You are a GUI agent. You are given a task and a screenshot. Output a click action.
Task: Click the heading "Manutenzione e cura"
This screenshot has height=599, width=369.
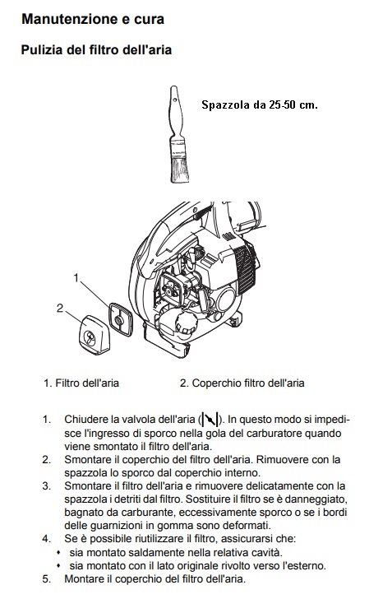click(93, 19)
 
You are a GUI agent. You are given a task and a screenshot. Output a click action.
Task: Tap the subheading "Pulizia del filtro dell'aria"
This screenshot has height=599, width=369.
click(96, 49)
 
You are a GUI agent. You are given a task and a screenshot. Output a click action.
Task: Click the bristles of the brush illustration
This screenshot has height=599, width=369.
click(179, 170)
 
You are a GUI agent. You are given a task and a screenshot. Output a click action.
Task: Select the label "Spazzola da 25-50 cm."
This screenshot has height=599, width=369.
click(260, 104)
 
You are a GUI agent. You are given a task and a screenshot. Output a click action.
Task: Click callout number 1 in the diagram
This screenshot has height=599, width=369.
click(76, 278)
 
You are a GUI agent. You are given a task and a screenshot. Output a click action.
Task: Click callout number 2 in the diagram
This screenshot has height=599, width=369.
click(60, 308)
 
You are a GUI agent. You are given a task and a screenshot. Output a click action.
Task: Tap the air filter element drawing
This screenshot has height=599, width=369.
click(121, 319)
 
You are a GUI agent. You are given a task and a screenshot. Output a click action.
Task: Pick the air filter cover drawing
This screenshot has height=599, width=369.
click(95, 335)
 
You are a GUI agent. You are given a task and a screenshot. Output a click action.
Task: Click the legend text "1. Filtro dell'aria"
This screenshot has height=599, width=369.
click(81, 383)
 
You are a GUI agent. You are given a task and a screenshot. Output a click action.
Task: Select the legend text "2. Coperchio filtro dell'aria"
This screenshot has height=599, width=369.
click(242, 383)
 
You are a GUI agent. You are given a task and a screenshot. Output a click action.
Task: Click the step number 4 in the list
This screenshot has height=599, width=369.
click(47, 539)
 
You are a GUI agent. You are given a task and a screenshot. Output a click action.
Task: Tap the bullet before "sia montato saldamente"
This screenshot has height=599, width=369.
click(58, 552)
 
